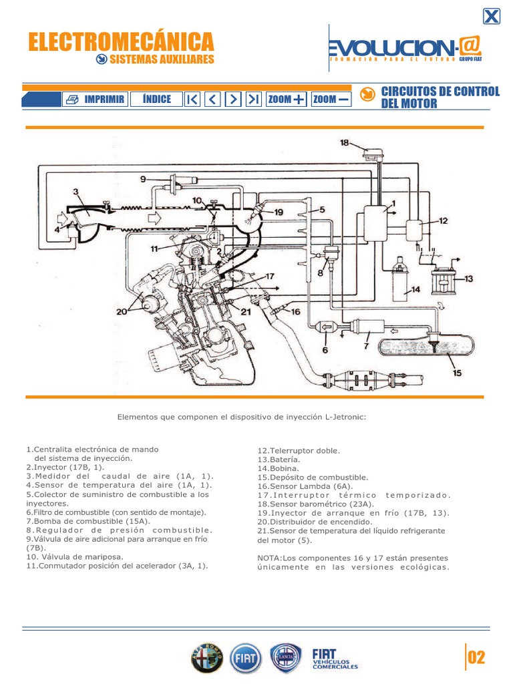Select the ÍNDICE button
coord(156,100)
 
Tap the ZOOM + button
coord(286,100)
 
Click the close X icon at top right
coord(491,17)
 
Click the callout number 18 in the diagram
coord(344,143)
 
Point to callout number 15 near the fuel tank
coord(457,373)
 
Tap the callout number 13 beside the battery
coord(468,279)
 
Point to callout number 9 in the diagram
coord(143,179)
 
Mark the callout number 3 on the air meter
coord(76,192)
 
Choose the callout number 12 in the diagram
coord(444,220)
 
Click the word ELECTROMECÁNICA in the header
coord(121,42)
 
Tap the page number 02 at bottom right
coord(476,658)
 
